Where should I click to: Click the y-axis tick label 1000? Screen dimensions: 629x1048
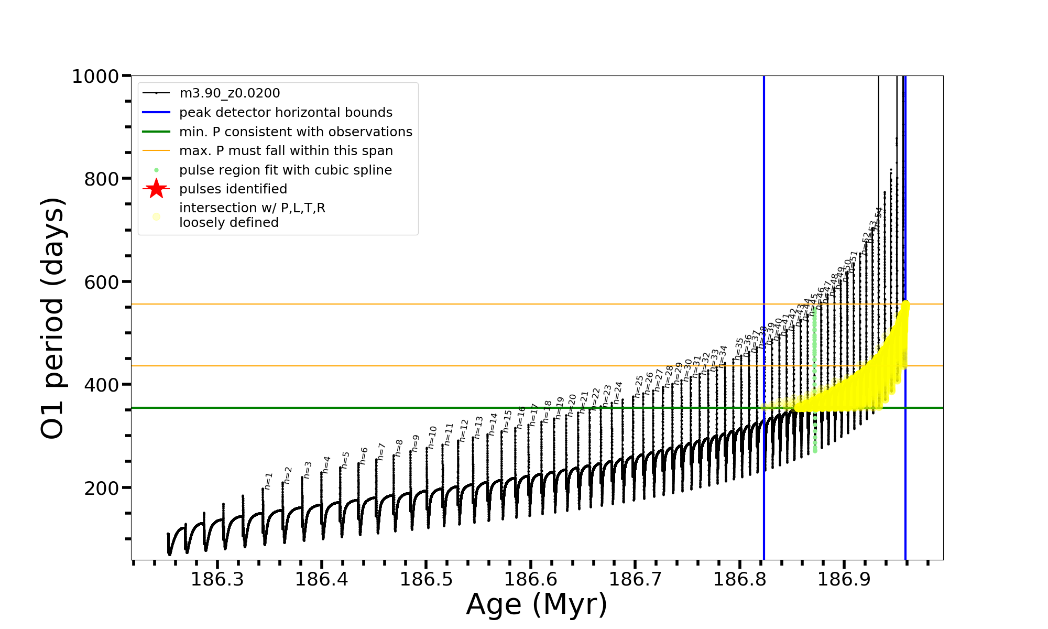(x=95, y=77)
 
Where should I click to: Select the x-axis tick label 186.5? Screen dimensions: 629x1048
(x=427, y=579)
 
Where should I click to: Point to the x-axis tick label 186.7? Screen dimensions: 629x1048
(x=635, y=579)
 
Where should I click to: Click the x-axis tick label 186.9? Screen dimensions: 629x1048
(x=844, y=579)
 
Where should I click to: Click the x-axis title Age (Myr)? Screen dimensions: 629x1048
(x=537, y=604)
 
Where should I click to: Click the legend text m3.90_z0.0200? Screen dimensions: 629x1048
(x=230, y=93)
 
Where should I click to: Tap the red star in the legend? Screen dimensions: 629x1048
(x=156, y=189)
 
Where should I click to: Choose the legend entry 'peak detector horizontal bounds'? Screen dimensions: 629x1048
(x=286, y=113)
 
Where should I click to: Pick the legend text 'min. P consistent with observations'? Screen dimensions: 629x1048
(x=296, y=132)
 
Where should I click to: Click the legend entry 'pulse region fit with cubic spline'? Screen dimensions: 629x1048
(x=286, y=170)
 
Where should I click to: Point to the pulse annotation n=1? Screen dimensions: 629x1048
(x=268, y=481)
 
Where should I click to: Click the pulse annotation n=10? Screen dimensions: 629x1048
(x=432, y=437)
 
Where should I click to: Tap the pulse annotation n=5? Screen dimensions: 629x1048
(x=345, y=460)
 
